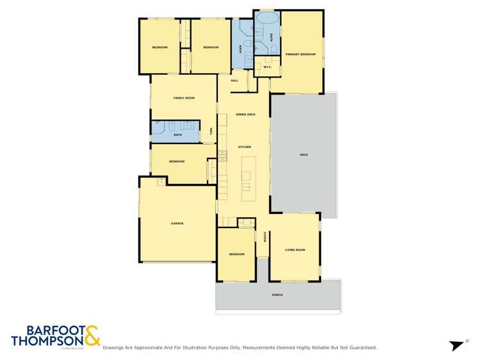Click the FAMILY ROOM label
pyautogui.click(x=183, y=98)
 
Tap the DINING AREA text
pyautogui.click(x=245, y=114)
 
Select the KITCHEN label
pyautogui.click(x=244, y=147)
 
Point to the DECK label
pyautogui.click(x=303, y=155)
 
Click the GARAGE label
pyautogui.click(x=177, y=224)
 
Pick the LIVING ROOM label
pyautogui.click(x=295, y=250)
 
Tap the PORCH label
pyautogui.click(x=277, y=295)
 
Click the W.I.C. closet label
pyautogui.click(x=267, y=67)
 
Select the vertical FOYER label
pyautogui.click(x=265, y=238)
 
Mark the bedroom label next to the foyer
pyautogui.click(x=236, y=254)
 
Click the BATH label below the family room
pyautogui.click(x=177, y=135)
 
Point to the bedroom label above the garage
pyautogui.click(x=176, y=161)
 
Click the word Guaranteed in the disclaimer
pyautogui.click(x=361, y=348)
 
